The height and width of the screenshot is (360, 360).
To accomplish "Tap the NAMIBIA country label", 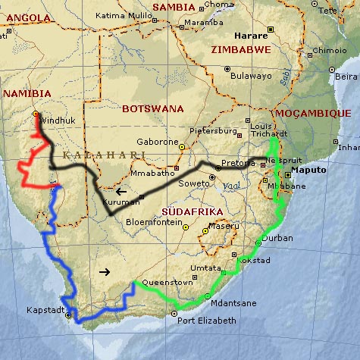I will (x=27, y=93).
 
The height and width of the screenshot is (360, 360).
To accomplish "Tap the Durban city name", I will (x=277, y=238).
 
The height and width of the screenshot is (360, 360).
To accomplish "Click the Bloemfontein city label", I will (x=155, y=223).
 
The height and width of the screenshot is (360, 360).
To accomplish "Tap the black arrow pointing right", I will (x=105, y=271).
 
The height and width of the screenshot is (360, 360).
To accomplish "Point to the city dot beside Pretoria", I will (x=218, y=167).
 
